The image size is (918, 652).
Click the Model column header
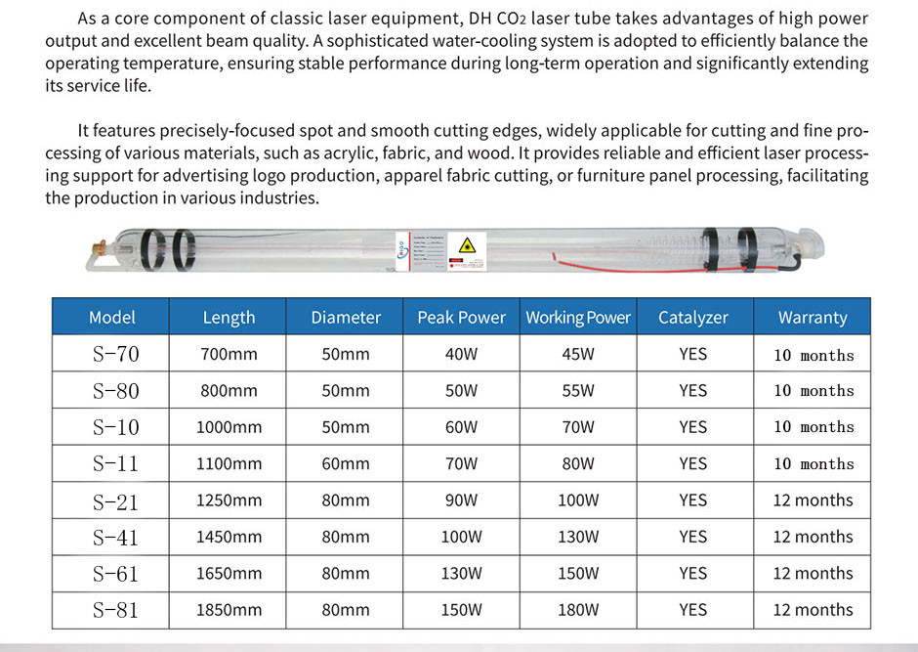pos(111,318)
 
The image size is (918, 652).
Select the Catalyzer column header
pos(692,318)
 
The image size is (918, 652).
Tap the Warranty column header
pos(813,318)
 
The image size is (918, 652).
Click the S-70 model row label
pos(115,355)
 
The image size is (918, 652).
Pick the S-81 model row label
pos(115,610)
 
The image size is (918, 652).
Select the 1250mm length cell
pos(229,500)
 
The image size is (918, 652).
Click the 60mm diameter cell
pos(346,464)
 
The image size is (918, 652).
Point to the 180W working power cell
pos(578,610)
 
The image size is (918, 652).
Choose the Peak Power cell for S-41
pos(461,537)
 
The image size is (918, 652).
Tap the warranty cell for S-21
pos(813,500)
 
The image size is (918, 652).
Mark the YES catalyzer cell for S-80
pos(692,391)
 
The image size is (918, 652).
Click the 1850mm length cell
pos(229,610)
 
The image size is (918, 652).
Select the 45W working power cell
pos(578,355)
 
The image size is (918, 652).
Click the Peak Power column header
pos(461,318)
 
